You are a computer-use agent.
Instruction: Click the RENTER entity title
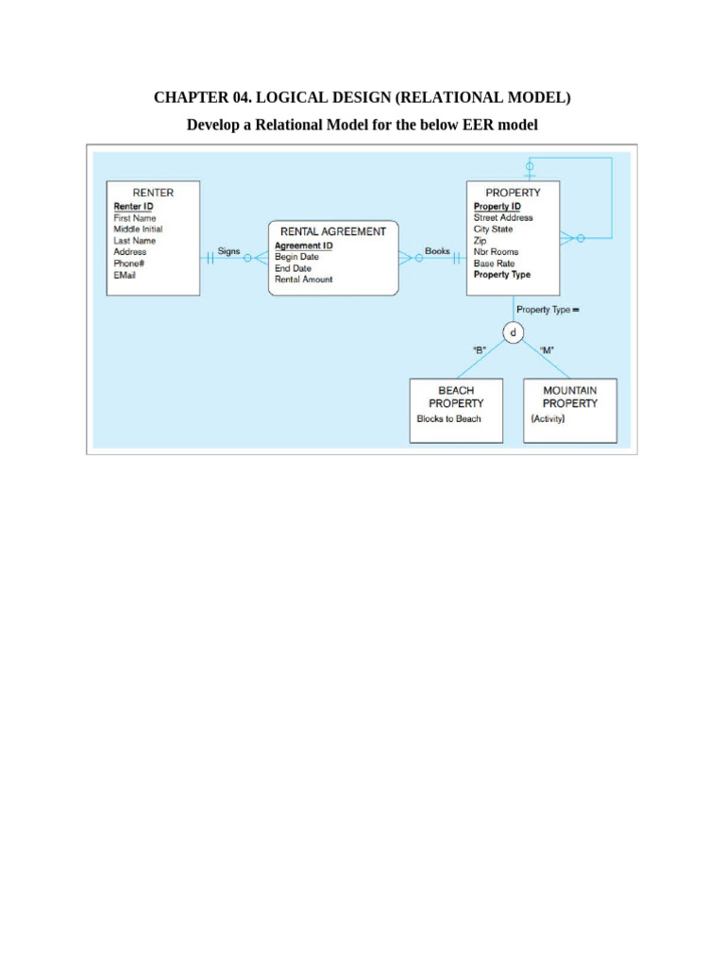(x=153, y=193)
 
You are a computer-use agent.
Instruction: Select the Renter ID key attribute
(x=133, y=207)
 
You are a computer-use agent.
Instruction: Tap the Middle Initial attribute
(x=138, y=229)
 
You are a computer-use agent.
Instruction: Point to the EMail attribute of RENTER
(x=125, y=275)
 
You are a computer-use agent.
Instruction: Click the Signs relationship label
(x=228, y=251)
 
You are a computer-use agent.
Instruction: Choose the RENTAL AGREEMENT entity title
(x=333, y=232)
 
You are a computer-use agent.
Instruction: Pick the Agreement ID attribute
(x=303, y=246)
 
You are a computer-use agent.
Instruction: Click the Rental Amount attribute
(x=303, y=280)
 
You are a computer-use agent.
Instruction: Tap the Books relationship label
(x=437, y=251)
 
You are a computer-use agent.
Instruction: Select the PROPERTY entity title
(x=513, y=193)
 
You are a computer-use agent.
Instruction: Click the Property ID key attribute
(x=497, y=207)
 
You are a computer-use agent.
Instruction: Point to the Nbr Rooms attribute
(x=496, y=251)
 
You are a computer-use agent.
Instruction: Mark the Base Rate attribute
(x=494, y=263)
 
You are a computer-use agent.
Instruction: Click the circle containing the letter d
(x=513, y=333)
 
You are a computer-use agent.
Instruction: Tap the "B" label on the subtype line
(x=480, y=349)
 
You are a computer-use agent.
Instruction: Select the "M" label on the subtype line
(x=547, y=349)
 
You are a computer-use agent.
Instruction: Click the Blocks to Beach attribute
(x=448, y=418)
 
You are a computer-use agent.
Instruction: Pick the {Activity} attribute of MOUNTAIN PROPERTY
(x=548, y=418)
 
